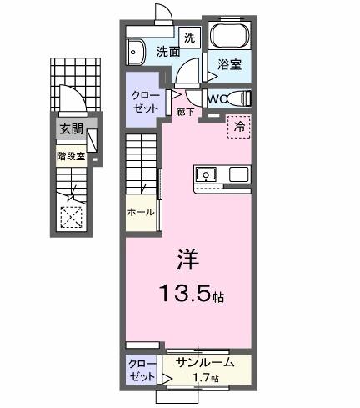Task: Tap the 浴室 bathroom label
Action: (x=229, y=63)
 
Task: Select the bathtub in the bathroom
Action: (x=229, y=36)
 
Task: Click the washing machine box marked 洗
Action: (x=189, y=37)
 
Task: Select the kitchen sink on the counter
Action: (x=206, y=175)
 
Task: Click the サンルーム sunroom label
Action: (x=198, y=363)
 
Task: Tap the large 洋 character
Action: (x=187, y=259)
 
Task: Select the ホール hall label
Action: (x=141, y=213)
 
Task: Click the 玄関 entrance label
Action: (x=71, y=128)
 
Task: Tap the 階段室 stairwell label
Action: (x=71, y=155)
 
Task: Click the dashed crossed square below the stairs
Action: (x=72, y=217)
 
